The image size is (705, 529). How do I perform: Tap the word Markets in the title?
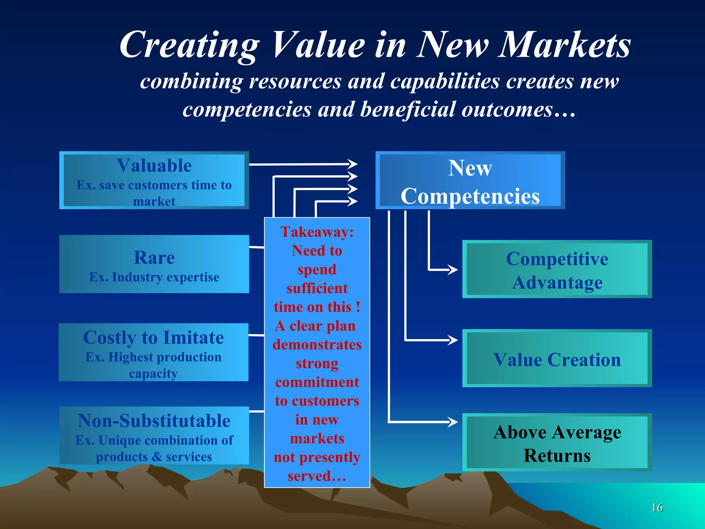click(x=565, y=45)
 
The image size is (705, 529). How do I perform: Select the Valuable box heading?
click(x=154, y=166)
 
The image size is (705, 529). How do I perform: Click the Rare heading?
click(x=154, y=258)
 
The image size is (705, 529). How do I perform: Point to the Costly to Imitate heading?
click(x=154, y=338)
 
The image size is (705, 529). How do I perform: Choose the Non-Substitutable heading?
click(x=154, y=421)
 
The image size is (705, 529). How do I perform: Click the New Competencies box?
click(x=470, y=181)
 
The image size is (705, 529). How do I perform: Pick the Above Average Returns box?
click(x=557, y=443)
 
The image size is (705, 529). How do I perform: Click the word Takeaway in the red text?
click(x=316, y=232)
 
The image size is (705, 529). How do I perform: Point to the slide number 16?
click(x=657, y=508)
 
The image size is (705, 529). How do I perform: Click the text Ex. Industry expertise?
click(x=154, y=277)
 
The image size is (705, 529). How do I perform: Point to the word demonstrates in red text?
click(x=317, y=345)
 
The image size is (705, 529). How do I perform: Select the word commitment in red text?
click(x=317, y=382)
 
